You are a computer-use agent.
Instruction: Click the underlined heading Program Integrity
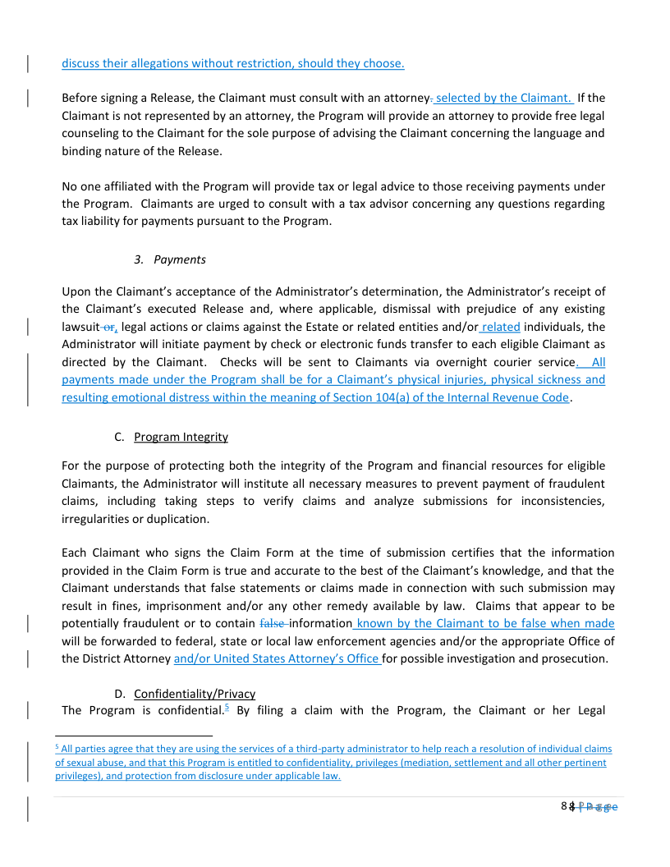point(181,437)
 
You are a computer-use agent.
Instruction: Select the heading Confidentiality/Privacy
point(195,694)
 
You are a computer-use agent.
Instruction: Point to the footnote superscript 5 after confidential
point(226,707)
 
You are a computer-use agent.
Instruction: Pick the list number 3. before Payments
point(139,259)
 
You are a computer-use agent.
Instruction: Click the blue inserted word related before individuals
point(502,327)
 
